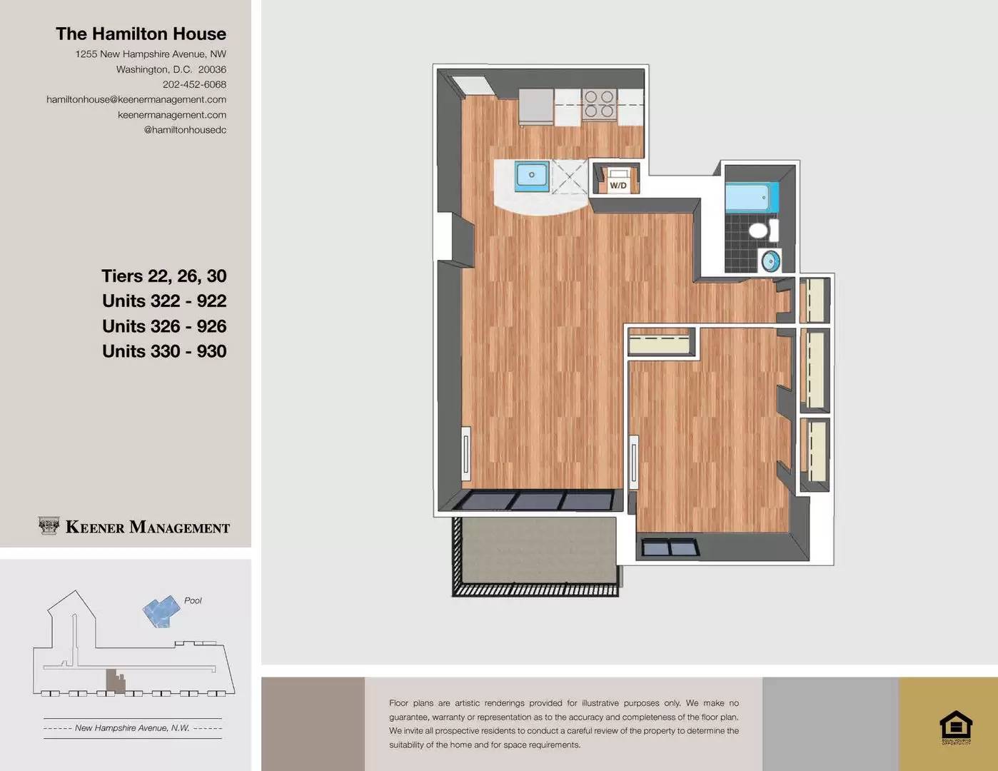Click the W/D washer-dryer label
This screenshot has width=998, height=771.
[618, 186]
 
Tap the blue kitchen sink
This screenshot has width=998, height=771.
[532, 175]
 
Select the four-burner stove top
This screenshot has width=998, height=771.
[600, 104]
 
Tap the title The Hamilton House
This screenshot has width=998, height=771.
[141, 34]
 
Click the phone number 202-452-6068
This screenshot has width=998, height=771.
[194, 84]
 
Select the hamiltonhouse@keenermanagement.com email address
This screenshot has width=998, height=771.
[136, 99]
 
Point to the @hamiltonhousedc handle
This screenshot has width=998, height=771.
[185, 129]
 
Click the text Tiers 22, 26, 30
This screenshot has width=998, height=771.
[163, 276]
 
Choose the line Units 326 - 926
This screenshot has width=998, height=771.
[164, 326]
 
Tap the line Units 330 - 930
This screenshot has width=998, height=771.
[164, 351]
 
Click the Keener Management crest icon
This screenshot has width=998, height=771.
[49, 526]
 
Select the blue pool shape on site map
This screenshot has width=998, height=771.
[161, 611]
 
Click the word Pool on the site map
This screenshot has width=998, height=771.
[193, 600]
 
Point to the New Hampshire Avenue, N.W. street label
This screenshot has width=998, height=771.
[132, 728]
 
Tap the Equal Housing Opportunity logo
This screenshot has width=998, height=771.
[956, 727]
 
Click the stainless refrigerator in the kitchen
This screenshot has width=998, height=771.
[536, 106]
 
